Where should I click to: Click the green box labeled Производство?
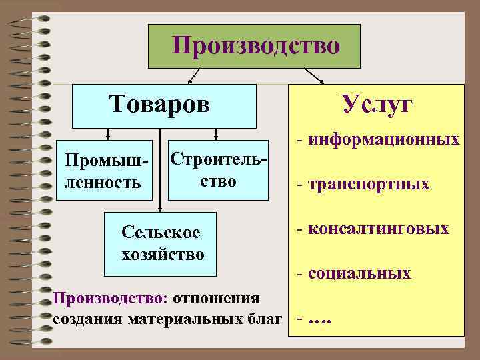point(255,46)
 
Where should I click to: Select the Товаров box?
point(164,105)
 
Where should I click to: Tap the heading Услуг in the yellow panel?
point(377,105)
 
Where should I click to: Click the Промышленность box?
point(105,171)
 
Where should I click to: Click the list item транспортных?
point(367,184)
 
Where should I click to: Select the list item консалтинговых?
point(377,229)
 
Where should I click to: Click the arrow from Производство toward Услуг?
point(313,75)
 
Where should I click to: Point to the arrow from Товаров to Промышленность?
point(105,133)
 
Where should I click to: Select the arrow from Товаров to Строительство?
point(219,133)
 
